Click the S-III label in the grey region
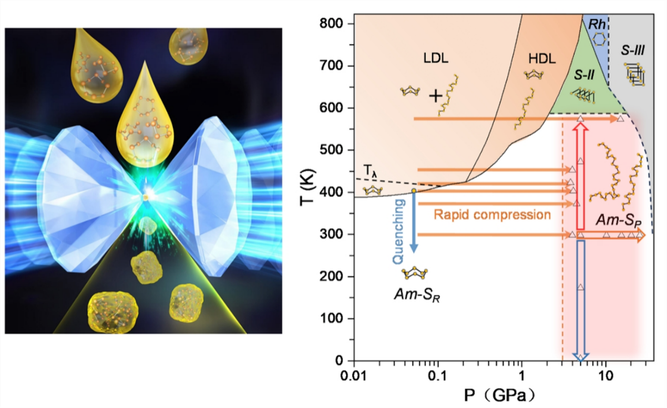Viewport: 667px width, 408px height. (633, 50)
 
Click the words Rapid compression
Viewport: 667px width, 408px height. (492, 215)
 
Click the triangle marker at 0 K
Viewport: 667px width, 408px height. (580, 358)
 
